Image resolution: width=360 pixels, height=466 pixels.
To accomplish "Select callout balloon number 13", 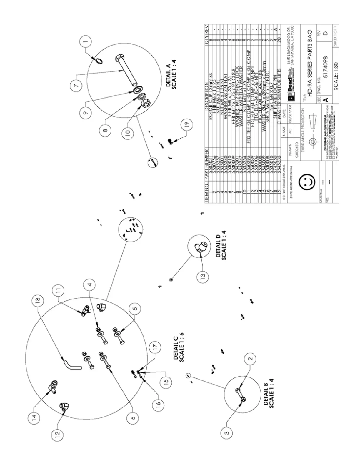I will point(203,276).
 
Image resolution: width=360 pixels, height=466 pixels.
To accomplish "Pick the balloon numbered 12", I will point(57,433).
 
